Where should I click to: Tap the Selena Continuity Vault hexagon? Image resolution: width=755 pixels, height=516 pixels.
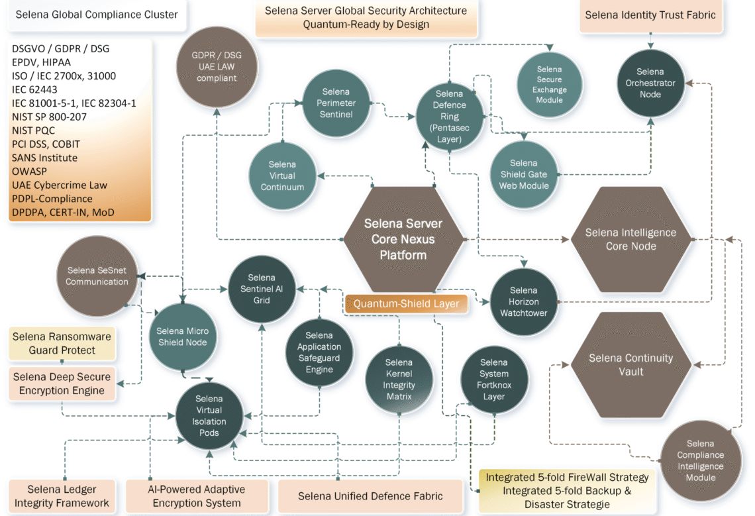pyautogui.click(x=630, y=365)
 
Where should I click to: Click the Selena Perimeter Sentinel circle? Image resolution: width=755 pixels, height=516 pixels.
pyautogui.click(x=336, y=103)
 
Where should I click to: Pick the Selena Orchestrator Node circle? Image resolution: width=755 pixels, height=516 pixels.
pyautogui.click(x=650, y=83)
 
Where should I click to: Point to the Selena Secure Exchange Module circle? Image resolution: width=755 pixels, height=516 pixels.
pyautogui.click(x=549, y=85)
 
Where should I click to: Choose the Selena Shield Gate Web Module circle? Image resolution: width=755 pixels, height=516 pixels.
pyautogui.click(x=524, y=174)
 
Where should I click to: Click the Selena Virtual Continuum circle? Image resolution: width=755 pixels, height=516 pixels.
pyautogui.click(x=282, y=176)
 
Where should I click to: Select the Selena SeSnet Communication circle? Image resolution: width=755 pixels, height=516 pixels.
pyautogui.click(x=97, y=276)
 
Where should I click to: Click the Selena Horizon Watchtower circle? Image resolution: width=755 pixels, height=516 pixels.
pyautogui.click(x=523, y=301)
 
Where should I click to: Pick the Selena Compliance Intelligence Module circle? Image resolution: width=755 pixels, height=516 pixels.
pyautogui.click(x=700, y=460)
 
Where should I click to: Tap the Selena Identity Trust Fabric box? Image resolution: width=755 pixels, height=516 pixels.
pyautogui.click(x=651, y=15)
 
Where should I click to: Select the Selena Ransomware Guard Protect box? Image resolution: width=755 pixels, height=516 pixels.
pyautogui.click(x=62, y=343)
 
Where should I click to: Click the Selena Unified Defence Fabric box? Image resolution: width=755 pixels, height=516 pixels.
pyautogui.click(x=370, y=496)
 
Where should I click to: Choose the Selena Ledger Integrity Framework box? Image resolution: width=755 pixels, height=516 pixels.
pyautogui.click(x=62, y=496)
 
